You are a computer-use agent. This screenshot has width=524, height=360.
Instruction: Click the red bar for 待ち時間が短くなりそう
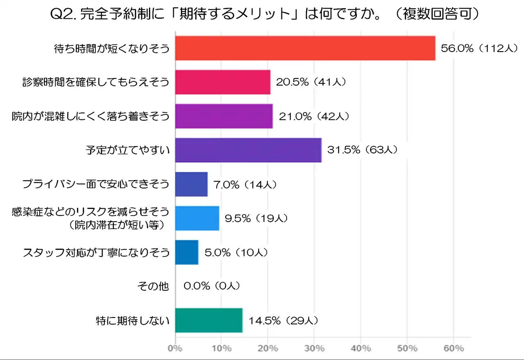[305, 48]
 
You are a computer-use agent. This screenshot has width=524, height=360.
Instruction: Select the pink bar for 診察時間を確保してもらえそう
[223, 82]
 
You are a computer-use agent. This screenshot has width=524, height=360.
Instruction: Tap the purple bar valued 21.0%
[224, 116]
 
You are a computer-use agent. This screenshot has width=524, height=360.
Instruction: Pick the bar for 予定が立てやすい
[248, 150]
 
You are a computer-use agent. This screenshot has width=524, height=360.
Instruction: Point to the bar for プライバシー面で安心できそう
[191, 184]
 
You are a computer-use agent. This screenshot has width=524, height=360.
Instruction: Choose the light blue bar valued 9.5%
[197, 218]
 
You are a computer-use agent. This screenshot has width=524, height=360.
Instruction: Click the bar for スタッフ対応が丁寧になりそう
[187, 252]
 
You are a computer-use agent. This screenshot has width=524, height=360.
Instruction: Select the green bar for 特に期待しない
[209, 320]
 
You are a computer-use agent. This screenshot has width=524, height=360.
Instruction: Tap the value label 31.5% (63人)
[362, 150]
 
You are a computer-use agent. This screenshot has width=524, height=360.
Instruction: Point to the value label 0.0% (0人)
[212, 286]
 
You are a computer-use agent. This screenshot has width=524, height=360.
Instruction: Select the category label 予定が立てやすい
[127, 150]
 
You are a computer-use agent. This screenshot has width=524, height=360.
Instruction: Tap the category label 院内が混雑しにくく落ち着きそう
[90, 117]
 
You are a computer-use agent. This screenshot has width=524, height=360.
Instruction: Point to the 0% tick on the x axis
[175, 349]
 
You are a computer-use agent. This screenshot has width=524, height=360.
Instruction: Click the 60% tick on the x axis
[454, 349]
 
